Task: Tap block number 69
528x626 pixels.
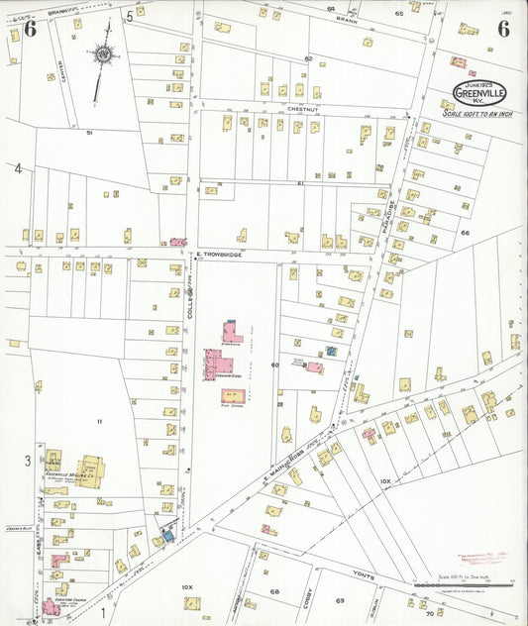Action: coord(340,600)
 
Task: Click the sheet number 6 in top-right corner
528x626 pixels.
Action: coord(503,28)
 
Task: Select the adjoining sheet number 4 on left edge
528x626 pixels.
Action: coord(17,168)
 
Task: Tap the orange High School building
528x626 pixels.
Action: coord(234,396)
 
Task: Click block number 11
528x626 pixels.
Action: coord(99,423)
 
